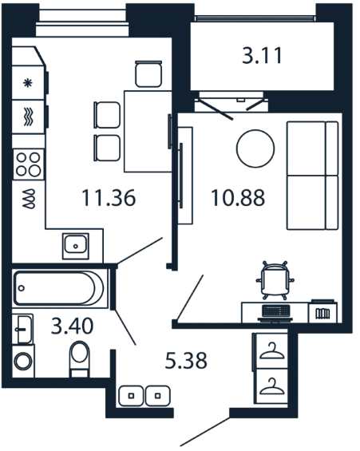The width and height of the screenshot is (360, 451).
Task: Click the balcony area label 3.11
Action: click(262, 56)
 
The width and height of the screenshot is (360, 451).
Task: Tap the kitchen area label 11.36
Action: click(109, 198)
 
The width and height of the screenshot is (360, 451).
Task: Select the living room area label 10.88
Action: click(238, 198)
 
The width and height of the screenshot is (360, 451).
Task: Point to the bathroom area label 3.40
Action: click(72, 326)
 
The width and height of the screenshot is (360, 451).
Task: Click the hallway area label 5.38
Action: click(186, 361)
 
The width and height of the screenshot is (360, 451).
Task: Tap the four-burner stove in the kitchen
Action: click(28, 164)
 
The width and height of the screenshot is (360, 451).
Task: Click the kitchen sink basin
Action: click(75, 246)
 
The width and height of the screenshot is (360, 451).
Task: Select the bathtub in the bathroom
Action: click(60, 288)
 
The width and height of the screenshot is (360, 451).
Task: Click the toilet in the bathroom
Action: click(80, 358)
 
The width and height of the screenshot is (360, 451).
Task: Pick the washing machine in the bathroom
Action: click(23, 362)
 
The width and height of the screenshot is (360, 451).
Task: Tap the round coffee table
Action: click(255, 148)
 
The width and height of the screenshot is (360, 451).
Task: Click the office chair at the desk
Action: click(275, 280)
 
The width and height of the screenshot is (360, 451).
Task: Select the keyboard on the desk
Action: click(275, 311)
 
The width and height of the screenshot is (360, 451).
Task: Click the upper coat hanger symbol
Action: click(271, 351)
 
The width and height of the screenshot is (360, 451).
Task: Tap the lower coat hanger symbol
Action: click(271, 386)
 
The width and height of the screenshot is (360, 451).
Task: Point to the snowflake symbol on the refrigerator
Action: click(28, 83)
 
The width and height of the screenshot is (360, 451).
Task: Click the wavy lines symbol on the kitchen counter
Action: click(29, 117)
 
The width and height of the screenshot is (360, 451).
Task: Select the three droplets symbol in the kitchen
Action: click(29, 199)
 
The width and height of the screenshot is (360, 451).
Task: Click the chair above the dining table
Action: click(148, 73)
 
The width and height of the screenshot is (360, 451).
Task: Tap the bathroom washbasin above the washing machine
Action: click(22, 329)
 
